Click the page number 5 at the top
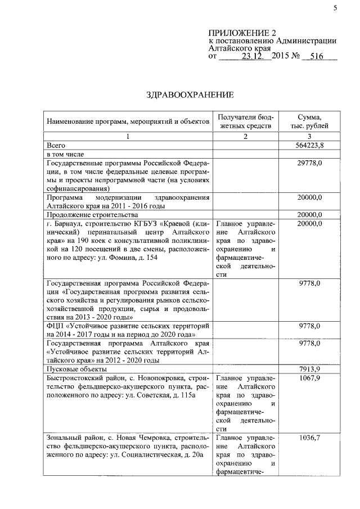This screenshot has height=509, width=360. (334, 7)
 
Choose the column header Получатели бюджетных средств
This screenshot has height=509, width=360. (245, 121)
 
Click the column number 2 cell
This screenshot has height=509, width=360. (245, 136)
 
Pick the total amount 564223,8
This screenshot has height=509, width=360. (309, 145)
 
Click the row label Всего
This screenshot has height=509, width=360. (57, 145)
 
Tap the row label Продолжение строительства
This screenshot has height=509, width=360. (92, 215)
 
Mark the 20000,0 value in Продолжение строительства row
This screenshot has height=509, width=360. (309, 215)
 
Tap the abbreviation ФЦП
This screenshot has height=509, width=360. (57, 326)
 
